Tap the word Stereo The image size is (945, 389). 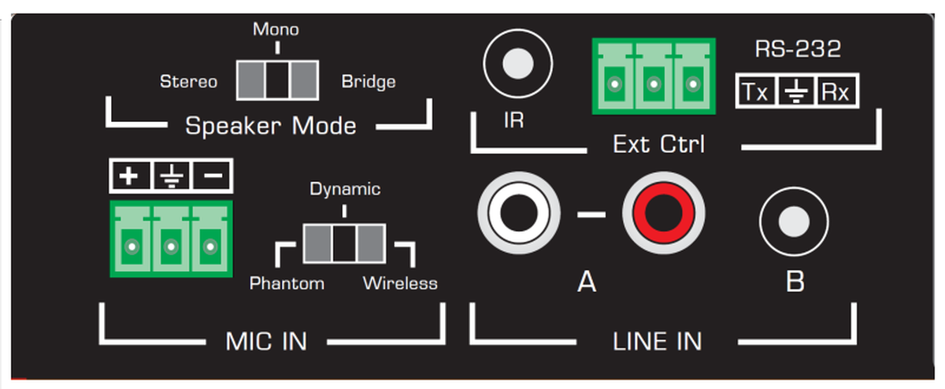coord(188,81)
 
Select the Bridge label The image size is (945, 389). coord(369,81)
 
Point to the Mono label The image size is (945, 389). coord(276,30)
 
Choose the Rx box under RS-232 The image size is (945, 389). coord(836,92)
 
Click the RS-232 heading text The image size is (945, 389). coord(798,49)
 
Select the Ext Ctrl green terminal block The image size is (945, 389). coord(650,75)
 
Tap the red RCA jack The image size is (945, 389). coord(662,213)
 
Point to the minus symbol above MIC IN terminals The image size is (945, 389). coord(209,177)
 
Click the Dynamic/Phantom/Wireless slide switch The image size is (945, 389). coord(344,243)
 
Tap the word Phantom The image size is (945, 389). coord(287,283)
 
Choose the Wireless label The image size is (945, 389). coord(400,283)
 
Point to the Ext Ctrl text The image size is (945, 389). coord(658,145)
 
